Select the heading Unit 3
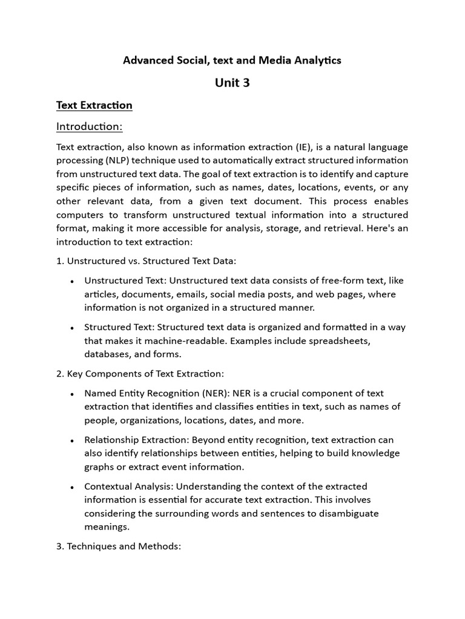coord(232,83)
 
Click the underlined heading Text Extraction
coord(94,105)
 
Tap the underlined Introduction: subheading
coord(89,126)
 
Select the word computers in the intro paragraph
coord(81,215)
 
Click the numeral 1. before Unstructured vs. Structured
coord(60,261)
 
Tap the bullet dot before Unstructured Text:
coord(72,282)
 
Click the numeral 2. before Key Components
coord(60,374)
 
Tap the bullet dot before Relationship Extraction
coord(72,441)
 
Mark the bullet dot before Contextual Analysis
coord(72,487)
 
